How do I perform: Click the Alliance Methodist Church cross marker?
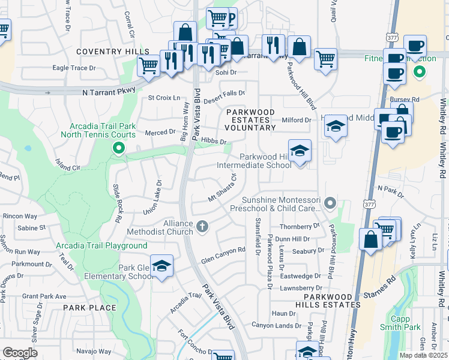[x=202, y=227]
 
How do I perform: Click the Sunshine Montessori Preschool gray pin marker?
[x=329, y=205]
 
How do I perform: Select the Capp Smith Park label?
[x=400, y=323]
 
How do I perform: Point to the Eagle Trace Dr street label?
[x=74, y=68]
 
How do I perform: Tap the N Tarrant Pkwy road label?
[x=106, y=92]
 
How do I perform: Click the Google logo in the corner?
[x=20, y=353]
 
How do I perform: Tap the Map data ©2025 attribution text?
[x=423, y=355]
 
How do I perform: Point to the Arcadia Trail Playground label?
[x=101, y=245]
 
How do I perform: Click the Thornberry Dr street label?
[x=300, y=226]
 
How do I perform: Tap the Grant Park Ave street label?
[x=44, y=296]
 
